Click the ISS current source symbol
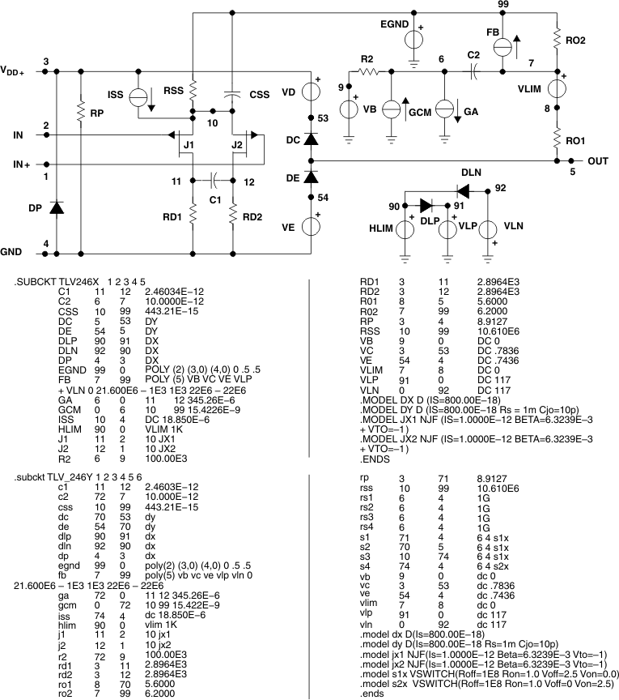click(138, 95)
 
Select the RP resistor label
click(96, 114)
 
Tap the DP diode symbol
click(57, 207)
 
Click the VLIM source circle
click(557, 85)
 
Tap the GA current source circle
click(443, 108)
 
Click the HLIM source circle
click(405, 228)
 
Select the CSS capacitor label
click(259, 94)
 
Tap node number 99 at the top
click(502, 5)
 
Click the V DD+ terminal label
click(12, 70)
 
